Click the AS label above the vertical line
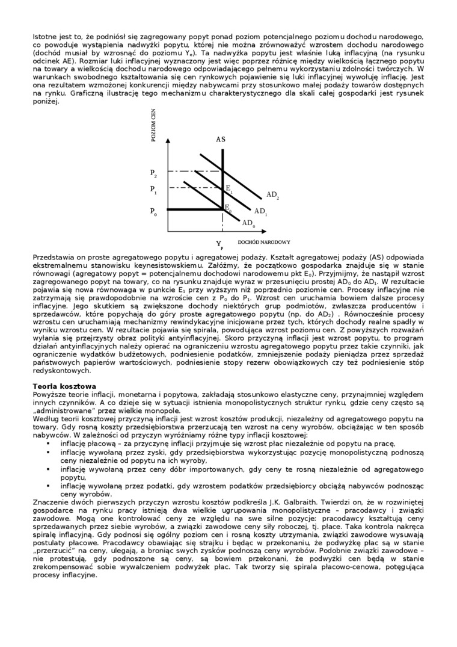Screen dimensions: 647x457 pyautogui.click(x=221, y=139)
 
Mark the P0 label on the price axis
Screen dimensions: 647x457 pyautogui.click(x=154, y=211)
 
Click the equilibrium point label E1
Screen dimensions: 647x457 pyautogui.click(x=229, y=188)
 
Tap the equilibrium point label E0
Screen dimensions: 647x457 pyautogui.click(x=228, y=208)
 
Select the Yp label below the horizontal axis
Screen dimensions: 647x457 pyautogui.click(x=220, y=244)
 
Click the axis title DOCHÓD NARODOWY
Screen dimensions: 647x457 pyautogui.click(x=264, y=242)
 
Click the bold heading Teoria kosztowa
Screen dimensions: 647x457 pyautogui.click(x=61, y=385)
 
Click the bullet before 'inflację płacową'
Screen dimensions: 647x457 pyautogui.click(x=48, y=443)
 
